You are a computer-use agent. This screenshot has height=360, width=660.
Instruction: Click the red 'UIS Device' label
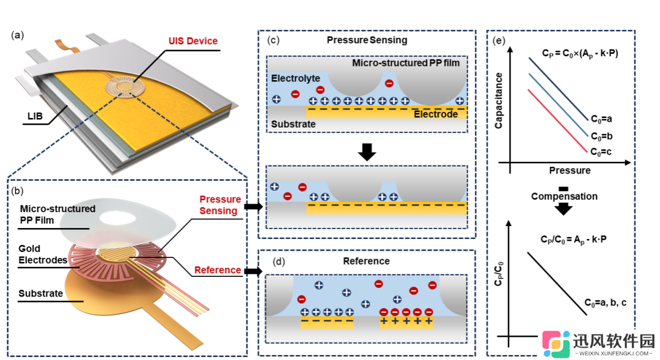pos(193,41)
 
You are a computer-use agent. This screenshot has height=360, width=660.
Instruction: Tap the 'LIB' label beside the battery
pos(35,116)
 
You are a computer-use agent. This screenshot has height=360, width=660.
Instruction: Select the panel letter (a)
pos(17,35)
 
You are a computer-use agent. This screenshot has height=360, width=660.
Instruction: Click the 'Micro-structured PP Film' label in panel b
pos(57,215)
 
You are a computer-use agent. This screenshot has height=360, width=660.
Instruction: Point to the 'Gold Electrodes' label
pos(43,254)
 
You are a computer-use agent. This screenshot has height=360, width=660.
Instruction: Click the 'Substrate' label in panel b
pos(40,293)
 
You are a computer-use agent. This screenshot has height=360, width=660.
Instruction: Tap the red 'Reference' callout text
pos(218,270)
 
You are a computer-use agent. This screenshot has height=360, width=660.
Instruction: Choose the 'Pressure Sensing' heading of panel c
pos(367,40)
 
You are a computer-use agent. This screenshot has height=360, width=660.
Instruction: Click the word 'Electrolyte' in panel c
pos(296,78)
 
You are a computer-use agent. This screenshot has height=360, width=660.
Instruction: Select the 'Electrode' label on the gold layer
pos(436,114)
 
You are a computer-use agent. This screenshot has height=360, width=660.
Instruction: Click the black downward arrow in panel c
pos(367,152)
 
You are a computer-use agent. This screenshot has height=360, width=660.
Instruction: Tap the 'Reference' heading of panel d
pos(366,261)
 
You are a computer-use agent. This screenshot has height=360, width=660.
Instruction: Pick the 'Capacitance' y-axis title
pos(499,101)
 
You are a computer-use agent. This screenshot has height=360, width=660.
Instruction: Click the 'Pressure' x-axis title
pos(570,171)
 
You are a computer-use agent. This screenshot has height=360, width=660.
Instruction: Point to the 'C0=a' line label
pos(601,119)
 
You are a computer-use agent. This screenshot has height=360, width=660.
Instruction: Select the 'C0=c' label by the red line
pos(601,152)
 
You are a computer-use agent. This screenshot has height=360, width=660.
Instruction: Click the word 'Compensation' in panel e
pos(564,196)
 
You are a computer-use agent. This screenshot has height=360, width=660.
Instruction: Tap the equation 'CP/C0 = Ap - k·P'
pos(574,240)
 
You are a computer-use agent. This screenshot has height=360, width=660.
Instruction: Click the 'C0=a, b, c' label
pos(605,303)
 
